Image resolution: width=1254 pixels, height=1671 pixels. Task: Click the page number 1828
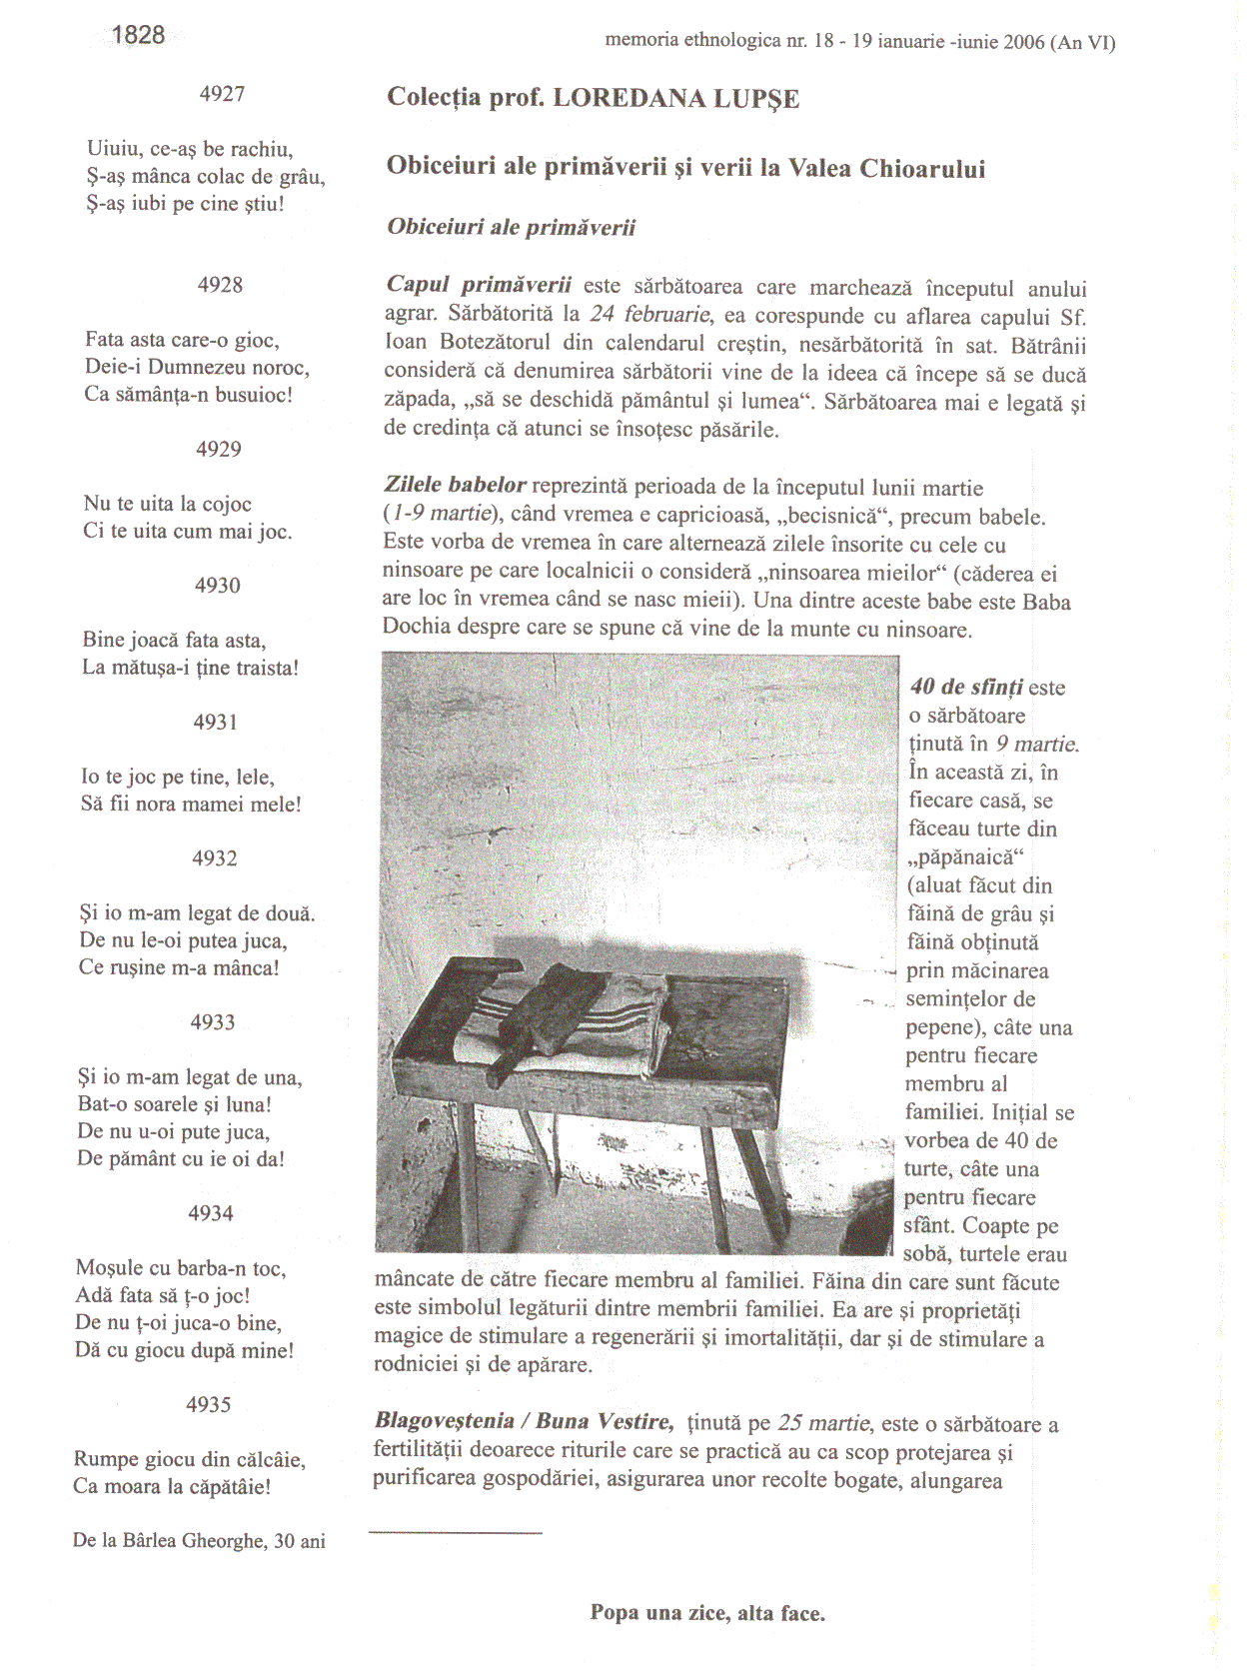click(138, 36)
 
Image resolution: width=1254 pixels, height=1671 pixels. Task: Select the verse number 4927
click(222, 94)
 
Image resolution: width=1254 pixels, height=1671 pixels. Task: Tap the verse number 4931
click(216, 722)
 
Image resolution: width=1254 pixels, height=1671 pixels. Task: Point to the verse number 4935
click(208, 1404)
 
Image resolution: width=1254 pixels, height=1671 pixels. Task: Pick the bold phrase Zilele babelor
click(456, 486)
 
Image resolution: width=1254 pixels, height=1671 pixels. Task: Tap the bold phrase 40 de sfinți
click(966, 688)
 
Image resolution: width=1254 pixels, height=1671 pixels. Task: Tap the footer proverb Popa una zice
click(707, 1613)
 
